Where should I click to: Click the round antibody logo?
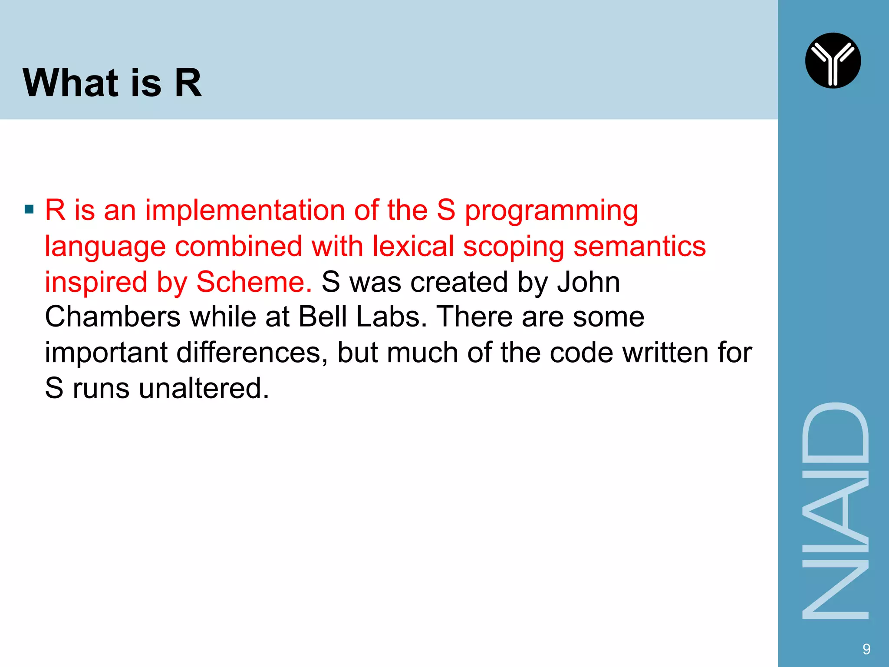[x=833, y=61]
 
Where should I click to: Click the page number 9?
[x=866, y=649]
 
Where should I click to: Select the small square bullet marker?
[x=29, y=210]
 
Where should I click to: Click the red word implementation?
[x=245, y=210]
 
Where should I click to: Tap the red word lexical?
[x=413, y=246]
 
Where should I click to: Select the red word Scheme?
[x=254, y=282]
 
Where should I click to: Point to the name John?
[x=589, y=282]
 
